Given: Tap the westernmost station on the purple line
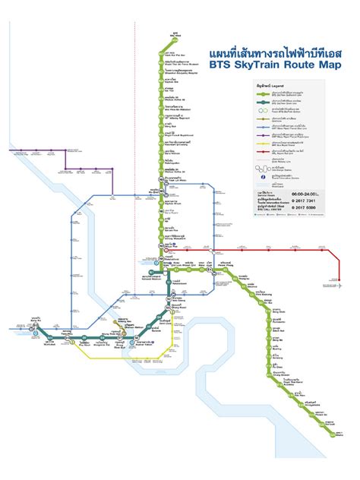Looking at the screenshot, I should pyautogui.click(x=10, y=150).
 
